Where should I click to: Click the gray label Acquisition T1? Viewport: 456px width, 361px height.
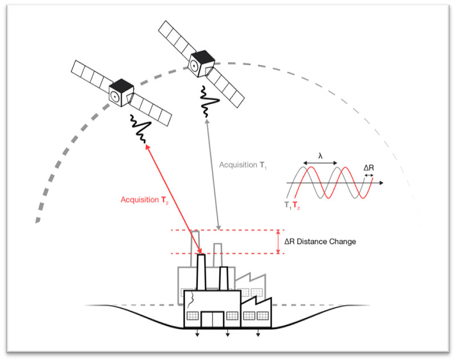pyautogui.click(x=245, y=165)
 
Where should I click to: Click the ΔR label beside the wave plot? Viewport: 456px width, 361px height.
pyautogui.click(x=369, y=168)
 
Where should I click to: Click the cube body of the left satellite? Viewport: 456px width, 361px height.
pyautogui.click(x=121, y=94)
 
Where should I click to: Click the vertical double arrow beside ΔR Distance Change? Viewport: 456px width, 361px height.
pyautogui.click(x=278, y=242)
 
